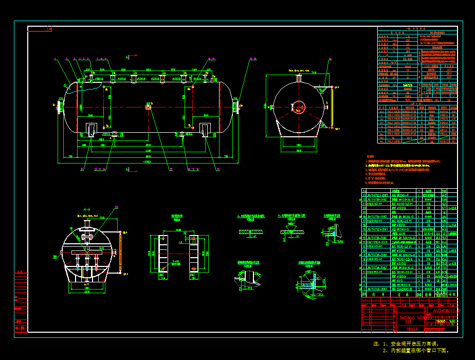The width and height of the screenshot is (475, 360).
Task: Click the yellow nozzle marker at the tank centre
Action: pos(148,107)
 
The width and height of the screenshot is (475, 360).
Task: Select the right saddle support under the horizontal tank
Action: pos(205,130)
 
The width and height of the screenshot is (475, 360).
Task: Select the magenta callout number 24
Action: pos(117,207)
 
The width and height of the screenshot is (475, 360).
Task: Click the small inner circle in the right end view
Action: pos(297,107)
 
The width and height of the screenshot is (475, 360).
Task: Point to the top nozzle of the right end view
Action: pos(297,78)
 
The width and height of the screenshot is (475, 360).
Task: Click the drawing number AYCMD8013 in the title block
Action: pos(443,311)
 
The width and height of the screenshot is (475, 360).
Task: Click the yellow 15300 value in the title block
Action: pos(440,320)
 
